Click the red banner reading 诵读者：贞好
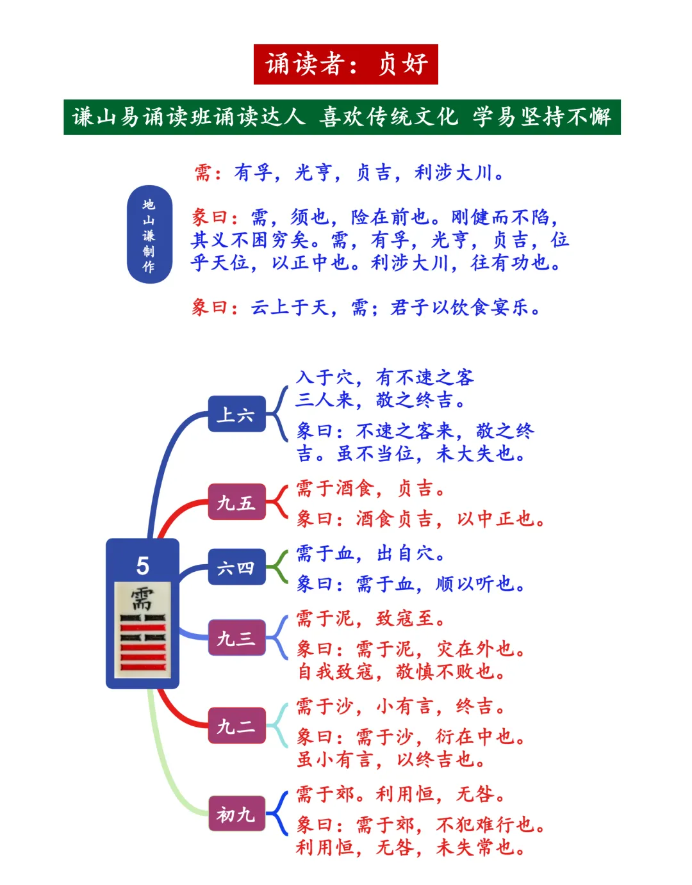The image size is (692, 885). click(x=345, y=64)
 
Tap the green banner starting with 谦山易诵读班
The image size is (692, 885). click(x=342, y=117)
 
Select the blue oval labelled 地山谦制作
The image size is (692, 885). click(x=149, y=234)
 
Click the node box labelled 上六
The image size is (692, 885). click(x=236, y=414)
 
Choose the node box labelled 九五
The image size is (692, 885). click(x=236, y=502)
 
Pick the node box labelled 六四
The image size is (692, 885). click(x=236, y=567)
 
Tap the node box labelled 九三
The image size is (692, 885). click(x=236, y=638)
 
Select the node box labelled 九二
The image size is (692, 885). click(x=236, y=726)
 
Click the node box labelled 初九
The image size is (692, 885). click(x=236, y=813)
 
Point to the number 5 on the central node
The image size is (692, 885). click(x=142, y=565)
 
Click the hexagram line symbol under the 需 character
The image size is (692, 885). click(x=142, y=643)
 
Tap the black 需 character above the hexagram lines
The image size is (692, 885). click(x=142, y=599)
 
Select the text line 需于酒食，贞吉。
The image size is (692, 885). click(x=370, y=489)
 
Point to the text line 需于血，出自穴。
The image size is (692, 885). click(x=370, y=553)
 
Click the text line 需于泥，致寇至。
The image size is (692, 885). click(x=370, y=619)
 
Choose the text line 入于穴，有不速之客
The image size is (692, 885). click(x=384, y=377)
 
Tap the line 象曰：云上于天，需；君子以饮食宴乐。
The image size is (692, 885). click(x=367, y=308)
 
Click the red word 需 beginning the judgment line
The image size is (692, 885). click(x=203, y=173)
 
